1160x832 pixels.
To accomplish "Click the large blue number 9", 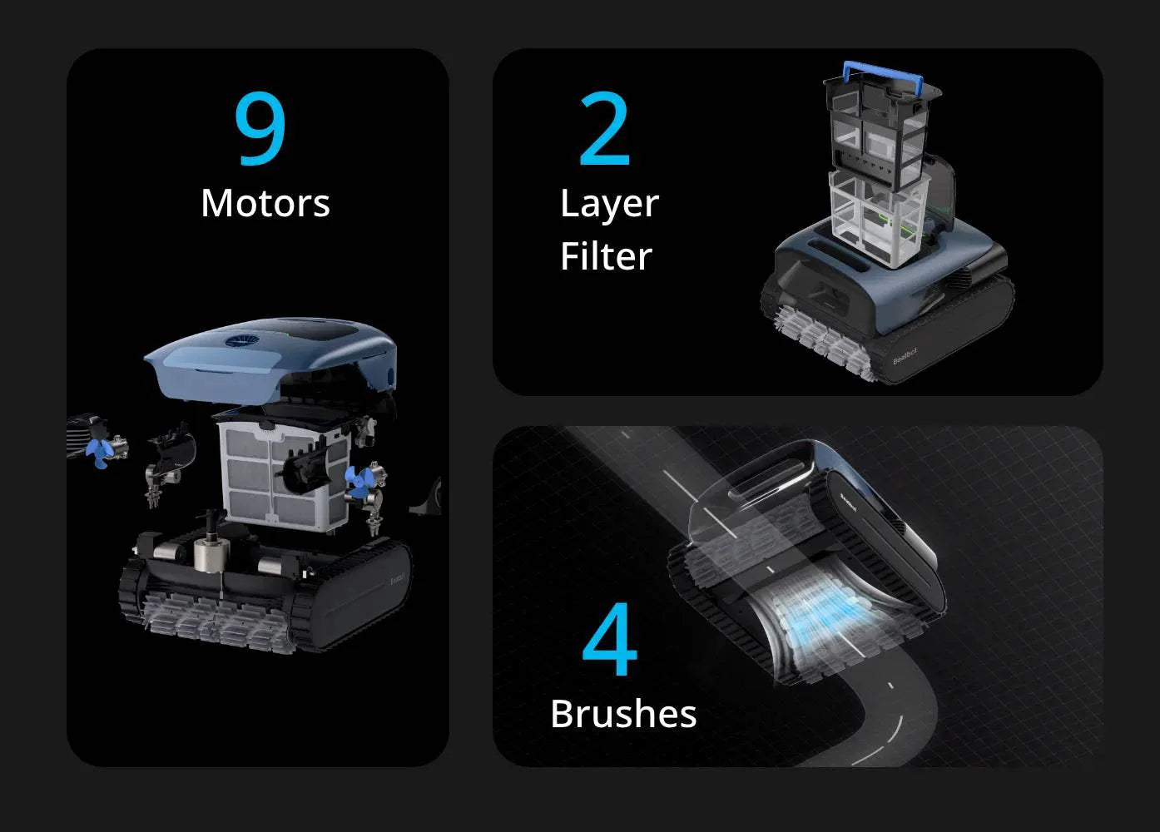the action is pos(260,128).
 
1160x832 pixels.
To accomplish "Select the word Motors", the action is pos(265,203).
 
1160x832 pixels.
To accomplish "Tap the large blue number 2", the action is pos(605,128).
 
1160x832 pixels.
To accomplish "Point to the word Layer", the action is pos(609,205).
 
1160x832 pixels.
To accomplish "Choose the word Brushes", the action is pos(623,713).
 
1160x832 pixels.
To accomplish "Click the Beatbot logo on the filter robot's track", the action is pos(905,356).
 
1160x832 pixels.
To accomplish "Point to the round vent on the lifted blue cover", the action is pos(242,341).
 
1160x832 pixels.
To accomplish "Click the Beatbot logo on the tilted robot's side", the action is pos(848,503).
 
